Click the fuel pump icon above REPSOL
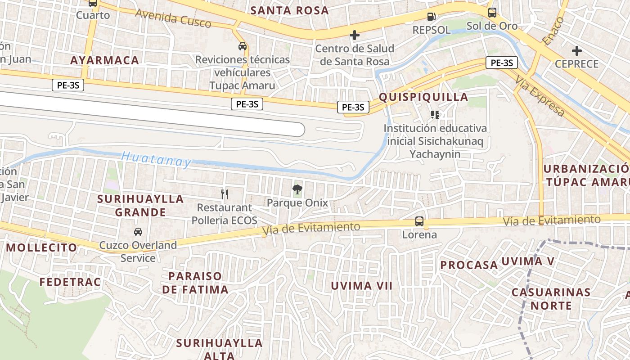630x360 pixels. click(x=431, y=17)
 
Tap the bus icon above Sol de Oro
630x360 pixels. click(x=492, y=13)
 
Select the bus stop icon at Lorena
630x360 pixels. click(x=419, y=221)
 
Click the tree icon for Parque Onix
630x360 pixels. click(x=297, y=189)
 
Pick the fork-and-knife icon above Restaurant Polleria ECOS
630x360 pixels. click(x=225, y=194)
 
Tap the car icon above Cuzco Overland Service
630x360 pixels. click(x=138, y=232)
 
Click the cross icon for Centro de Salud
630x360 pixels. click(x=355, y=35)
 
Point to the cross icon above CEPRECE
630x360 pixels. click(x=576, y=51)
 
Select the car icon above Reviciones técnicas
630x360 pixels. click(x=243, y=46)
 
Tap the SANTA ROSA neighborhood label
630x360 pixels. click(x=289, y=10)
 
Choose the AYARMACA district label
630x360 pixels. click(x=104, y=60)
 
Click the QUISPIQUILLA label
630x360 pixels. click(x=423, y=97)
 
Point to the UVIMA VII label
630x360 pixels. click(x=362, y=286)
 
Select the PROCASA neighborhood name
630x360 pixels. click(x=469, y=265)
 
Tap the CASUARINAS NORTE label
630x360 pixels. click(x=551, y=299)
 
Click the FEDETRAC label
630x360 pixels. click(x=70, y=282)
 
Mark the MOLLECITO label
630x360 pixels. click(x=41, y=247)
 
